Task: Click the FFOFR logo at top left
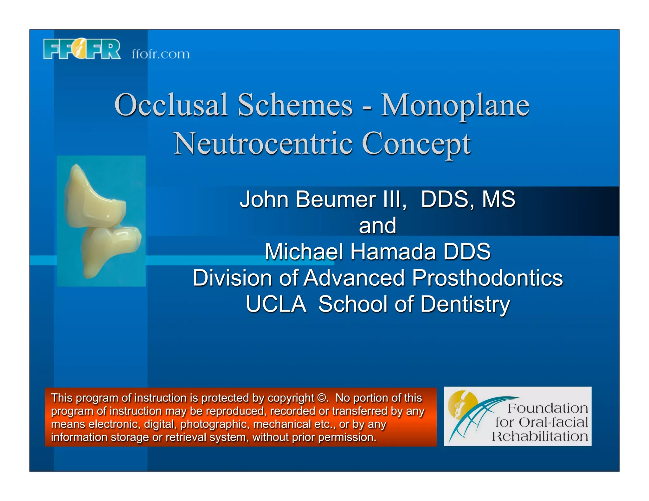[x=82, y=49]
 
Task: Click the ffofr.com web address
[x=161, y=54]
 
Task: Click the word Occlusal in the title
[x=171, y=105]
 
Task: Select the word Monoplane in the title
[x=455, y=105]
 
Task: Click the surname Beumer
[x=336, y=200]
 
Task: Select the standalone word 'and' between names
[x=377, y=225]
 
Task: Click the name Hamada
[x=393, y=252]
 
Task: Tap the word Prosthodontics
[x=487, y=278]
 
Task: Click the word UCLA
[x=276, y=304]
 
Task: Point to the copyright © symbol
[x=322, y=398]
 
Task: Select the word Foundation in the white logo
[x=548, y=408]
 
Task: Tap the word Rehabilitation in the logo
[x=540, y=436]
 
